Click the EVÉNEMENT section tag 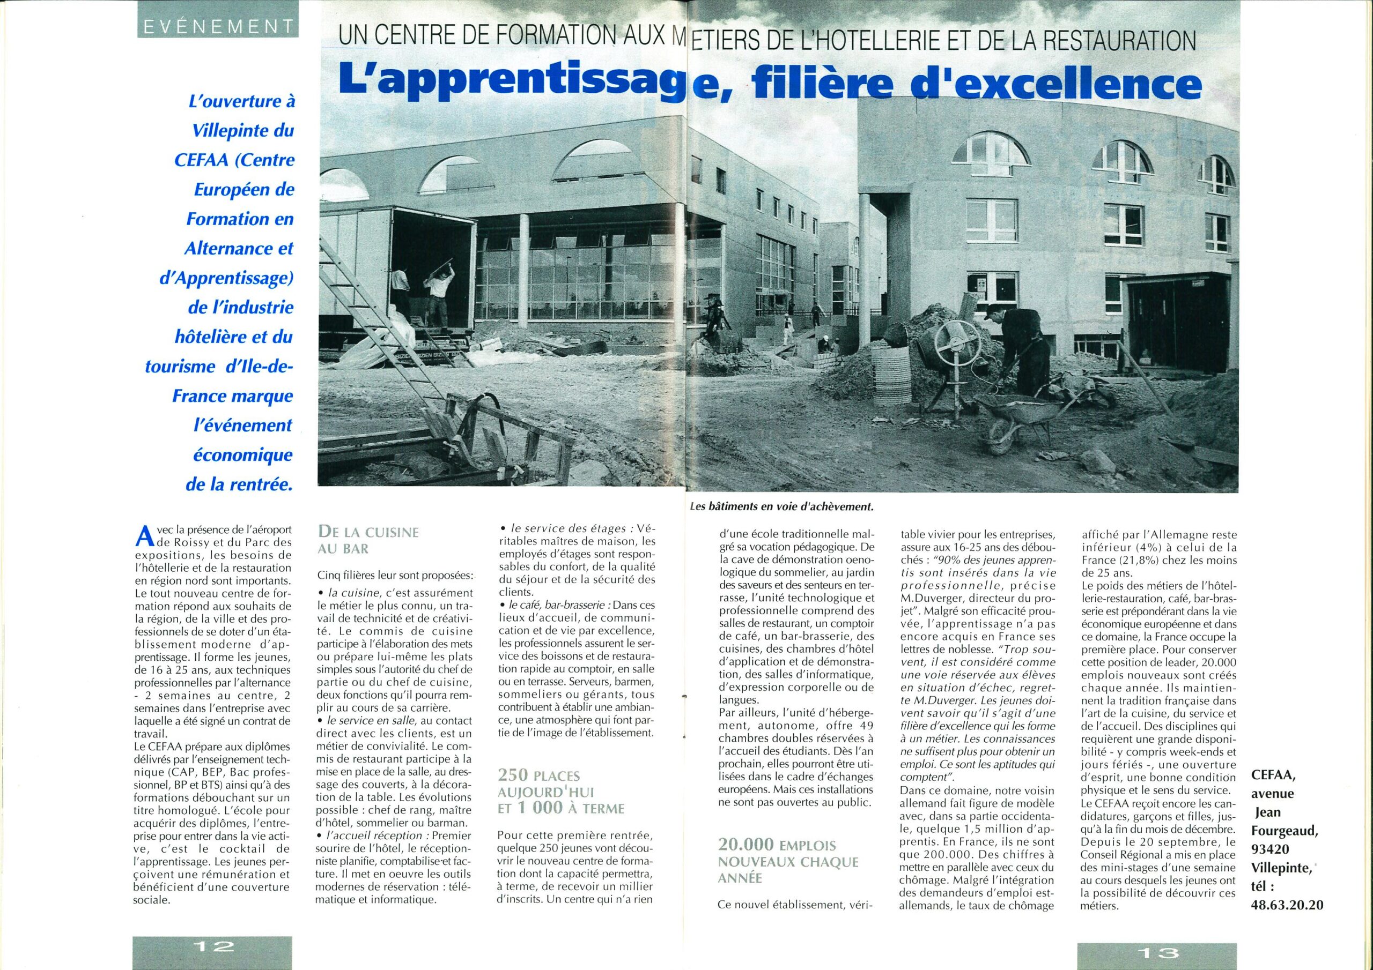(218, 26)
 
